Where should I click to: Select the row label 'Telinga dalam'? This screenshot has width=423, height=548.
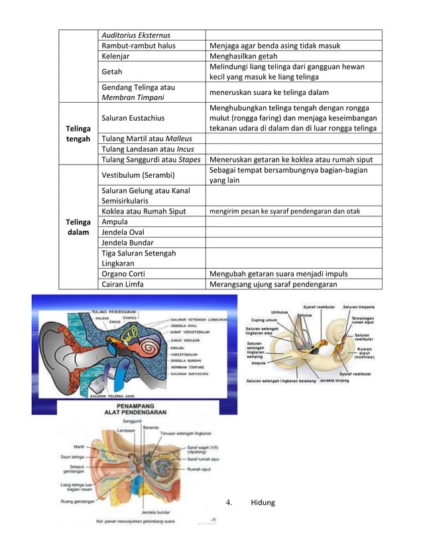pyautogui.click(x=77, y=228)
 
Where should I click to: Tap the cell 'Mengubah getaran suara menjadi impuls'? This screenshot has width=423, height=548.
pyautogui.click(x=278, y=273)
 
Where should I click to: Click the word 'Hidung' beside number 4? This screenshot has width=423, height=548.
pyautogui.click(x=263, y=502)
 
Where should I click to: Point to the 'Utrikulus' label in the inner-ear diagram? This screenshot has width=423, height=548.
pyautogui.click(x=278, y=312)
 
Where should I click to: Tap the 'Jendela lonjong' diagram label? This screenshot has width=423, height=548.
pyautogui.click(x=336, y=381)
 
